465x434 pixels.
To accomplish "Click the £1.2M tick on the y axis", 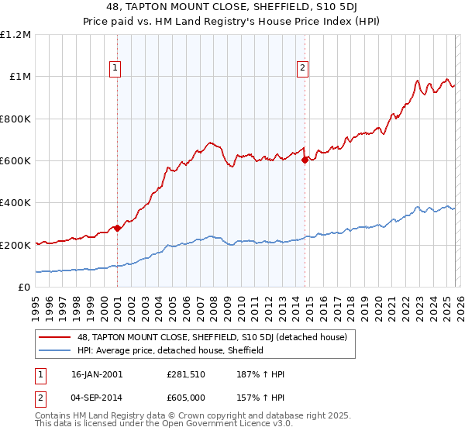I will click(x=15, y=35).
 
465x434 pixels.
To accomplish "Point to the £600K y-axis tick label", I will click(x=15, y=161).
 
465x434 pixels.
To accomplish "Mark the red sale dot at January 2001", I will click(x=117, y=228).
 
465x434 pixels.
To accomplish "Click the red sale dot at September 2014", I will click(x=305, y=160).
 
